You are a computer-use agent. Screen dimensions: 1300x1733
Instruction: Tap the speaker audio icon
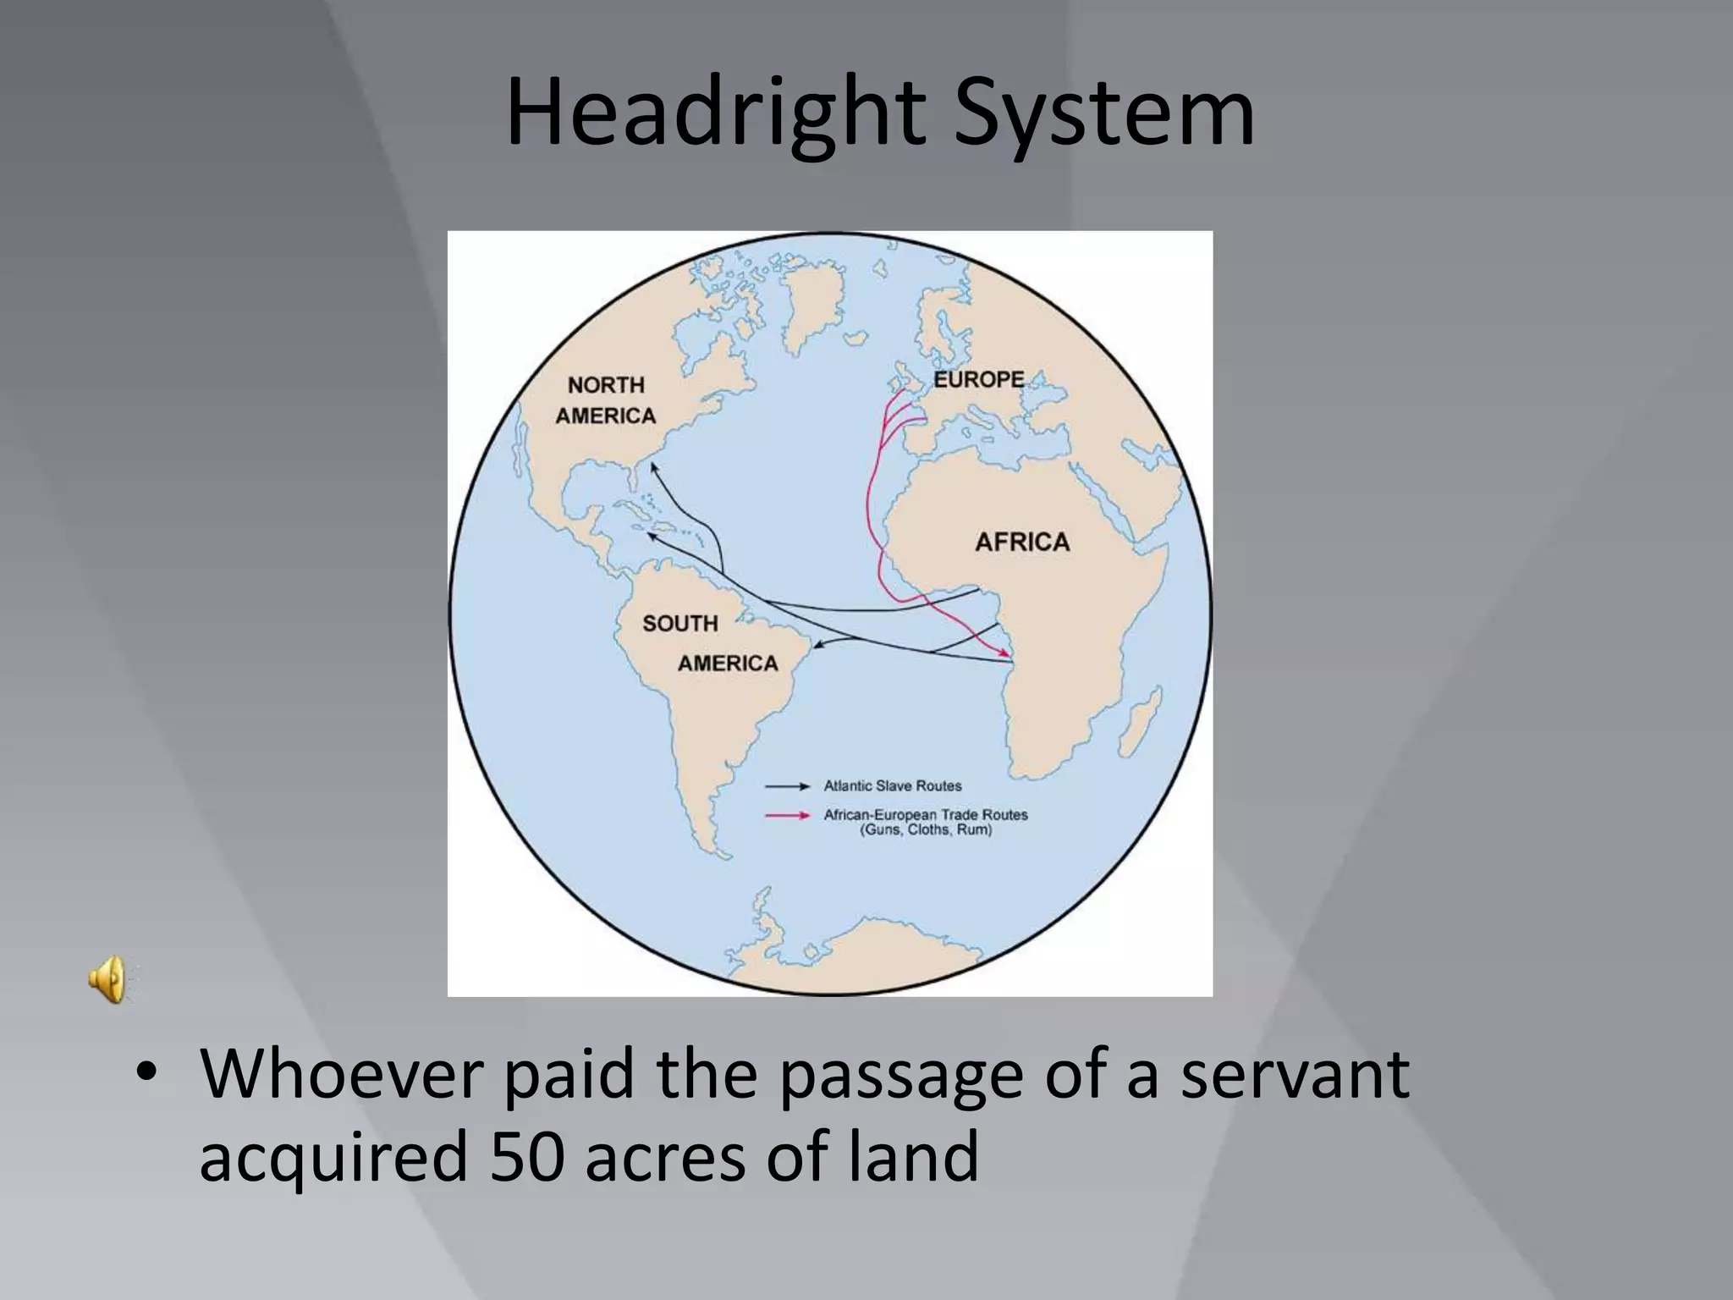(107, 981)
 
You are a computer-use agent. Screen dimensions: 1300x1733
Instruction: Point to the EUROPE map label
(978, 380)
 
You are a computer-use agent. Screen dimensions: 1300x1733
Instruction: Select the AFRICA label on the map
(1022, 542)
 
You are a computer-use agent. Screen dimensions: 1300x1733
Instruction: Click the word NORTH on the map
(606, 385)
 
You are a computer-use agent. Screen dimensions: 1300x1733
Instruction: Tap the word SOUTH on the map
(679, 624)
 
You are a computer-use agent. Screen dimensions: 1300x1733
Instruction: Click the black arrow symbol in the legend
(787, 786)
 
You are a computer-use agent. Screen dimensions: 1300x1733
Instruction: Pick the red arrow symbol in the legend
(787, 816)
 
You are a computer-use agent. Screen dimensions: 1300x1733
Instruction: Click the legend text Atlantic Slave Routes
(893, 786)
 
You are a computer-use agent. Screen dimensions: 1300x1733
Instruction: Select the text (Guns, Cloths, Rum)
(926, 830)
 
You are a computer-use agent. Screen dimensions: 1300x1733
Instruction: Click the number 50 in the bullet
(526, 1156)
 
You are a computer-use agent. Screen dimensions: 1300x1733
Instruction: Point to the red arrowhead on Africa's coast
(1004, 653)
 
